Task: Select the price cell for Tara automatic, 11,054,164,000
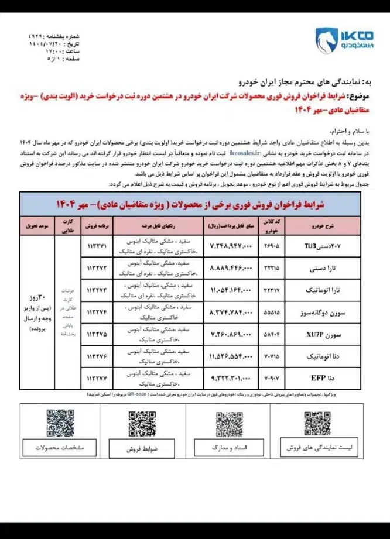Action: (230, 289)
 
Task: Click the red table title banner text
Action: (199, 203)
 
